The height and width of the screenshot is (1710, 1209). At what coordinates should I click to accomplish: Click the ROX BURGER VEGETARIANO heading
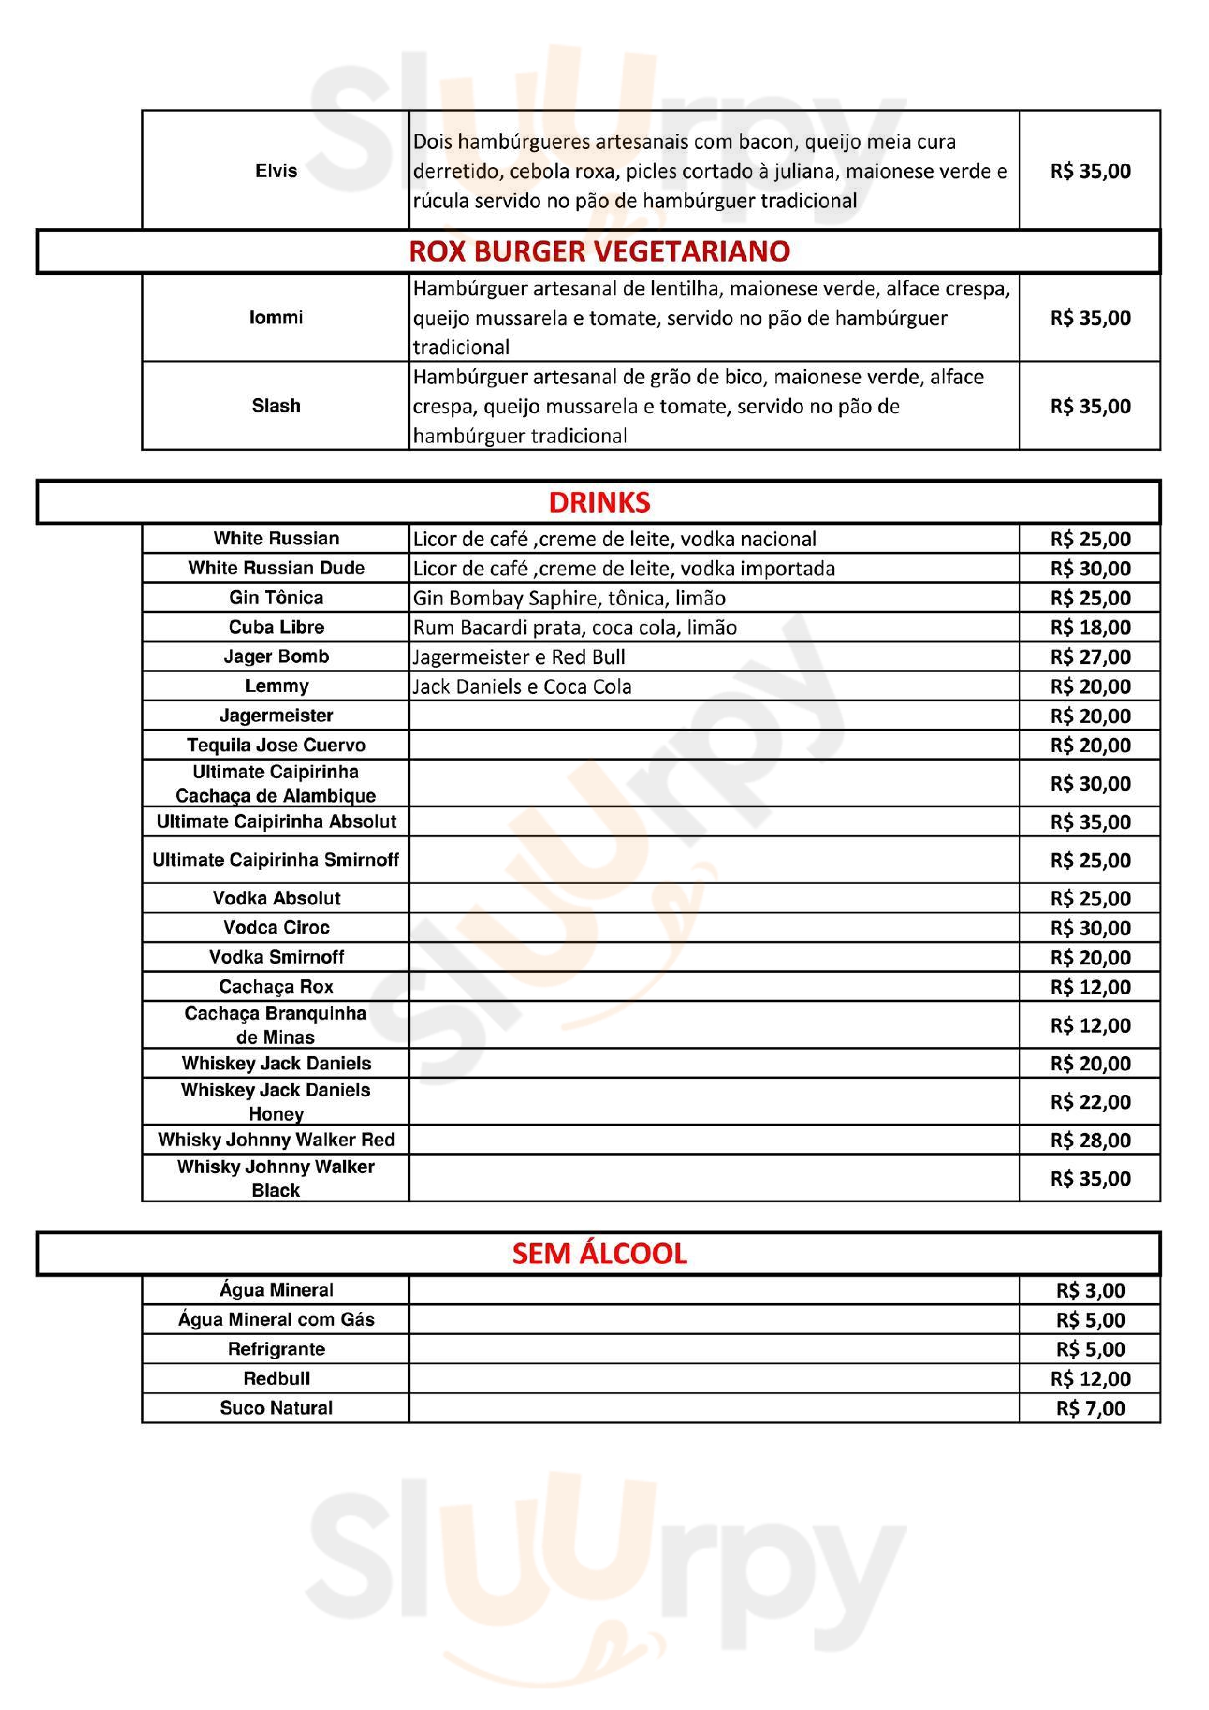(599, 252)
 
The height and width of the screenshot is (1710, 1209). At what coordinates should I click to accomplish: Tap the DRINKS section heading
(599, 503)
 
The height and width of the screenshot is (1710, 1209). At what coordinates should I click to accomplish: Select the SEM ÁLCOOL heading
(599, 1254)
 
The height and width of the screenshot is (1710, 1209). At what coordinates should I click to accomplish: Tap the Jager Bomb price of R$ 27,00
(1090, 657)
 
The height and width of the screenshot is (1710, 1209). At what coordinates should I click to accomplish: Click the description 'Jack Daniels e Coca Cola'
(522, 687)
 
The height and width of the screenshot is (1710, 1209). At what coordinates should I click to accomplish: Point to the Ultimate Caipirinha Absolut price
(1090, 822)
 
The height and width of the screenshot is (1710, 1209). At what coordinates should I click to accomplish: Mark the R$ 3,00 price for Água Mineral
(1090, 1291)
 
